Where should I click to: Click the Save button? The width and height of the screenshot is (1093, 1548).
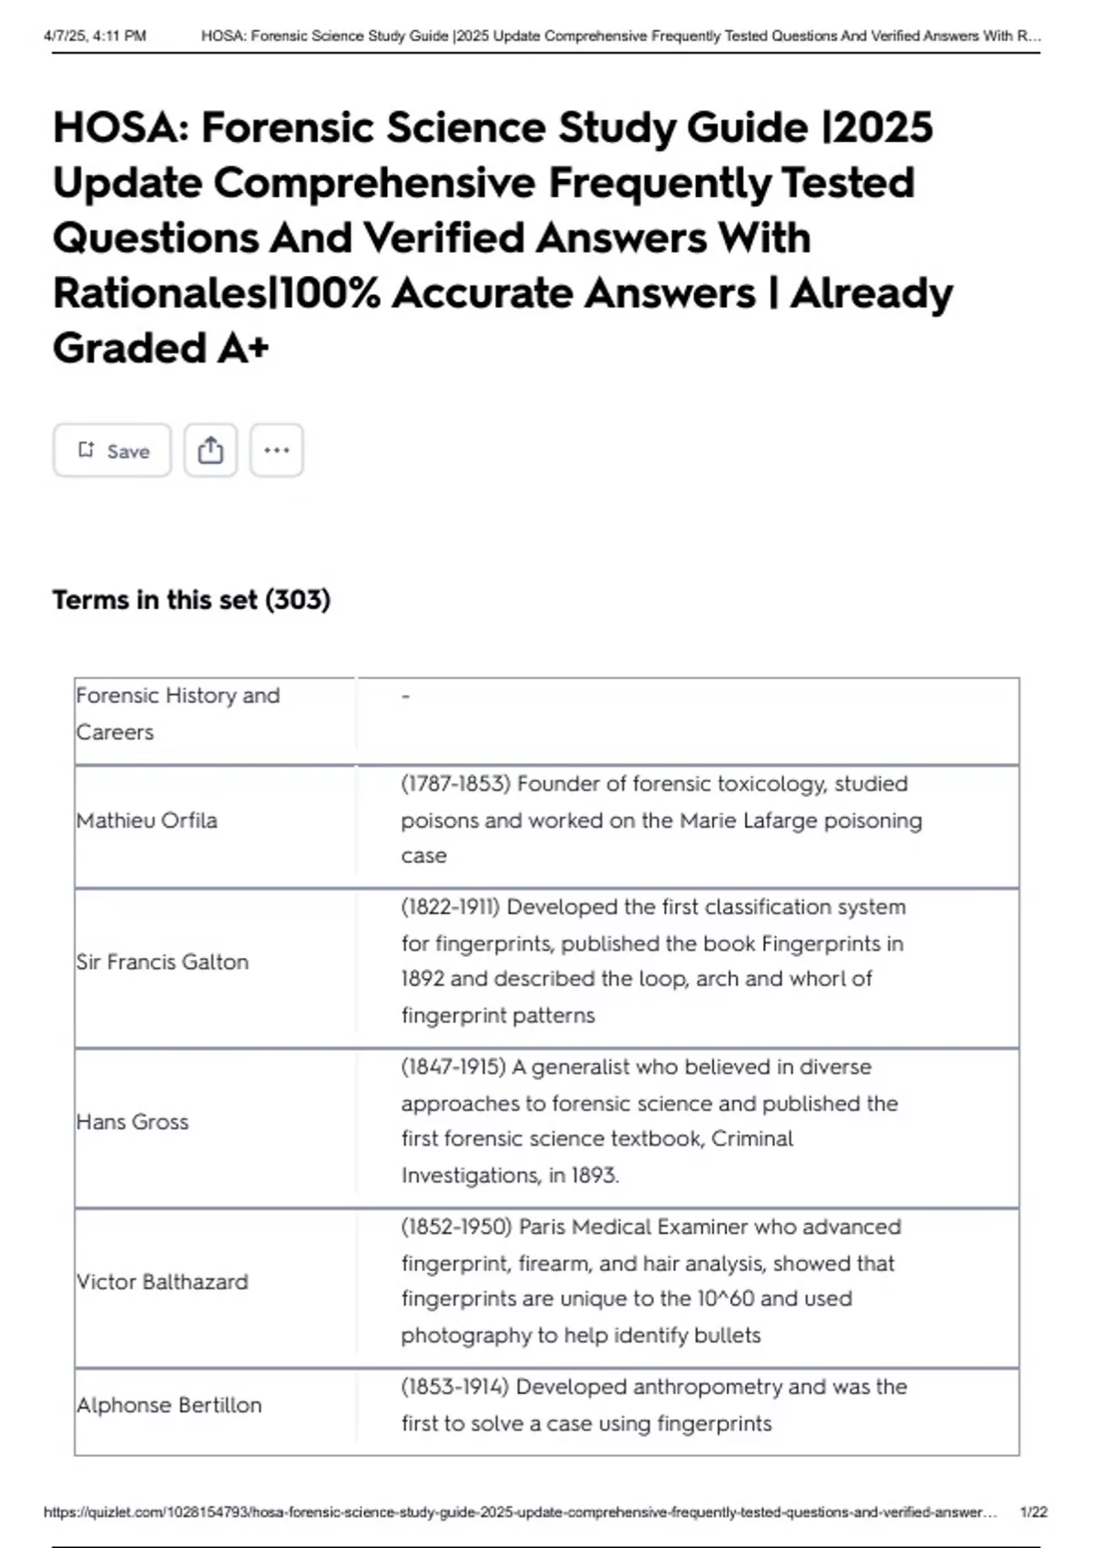coord(112,451)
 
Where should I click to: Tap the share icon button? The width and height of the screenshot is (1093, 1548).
coord(210,451)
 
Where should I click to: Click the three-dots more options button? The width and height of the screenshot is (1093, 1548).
coord(276,451)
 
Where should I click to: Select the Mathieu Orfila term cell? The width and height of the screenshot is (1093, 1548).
coord(147,820)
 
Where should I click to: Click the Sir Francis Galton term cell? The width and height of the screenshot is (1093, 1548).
coord(162,962)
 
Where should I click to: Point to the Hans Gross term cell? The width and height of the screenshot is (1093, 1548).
coord(133,1122)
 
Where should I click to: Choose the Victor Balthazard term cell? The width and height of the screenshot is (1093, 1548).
coord(162,1282)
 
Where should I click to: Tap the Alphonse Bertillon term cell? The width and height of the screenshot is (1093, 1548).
coord(169,1405)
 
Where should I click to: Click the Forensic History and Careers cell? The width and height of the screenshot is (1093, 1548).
coord(178,713)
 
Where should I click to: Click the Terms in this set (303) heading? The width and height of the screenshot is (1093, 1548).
coord(191,600)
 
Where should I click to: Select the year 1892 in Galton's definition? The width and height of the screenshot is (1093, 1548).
coord(423,979)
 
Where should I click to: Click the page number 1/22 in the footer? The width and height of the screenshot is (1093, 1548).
coord(1033,1512)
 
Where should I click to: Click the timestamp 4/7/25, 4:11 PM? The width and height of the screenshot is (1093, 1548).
coord(95,36)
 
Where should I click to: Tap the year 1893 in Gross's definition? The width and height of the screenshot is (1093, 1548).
coord(594,1176)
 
